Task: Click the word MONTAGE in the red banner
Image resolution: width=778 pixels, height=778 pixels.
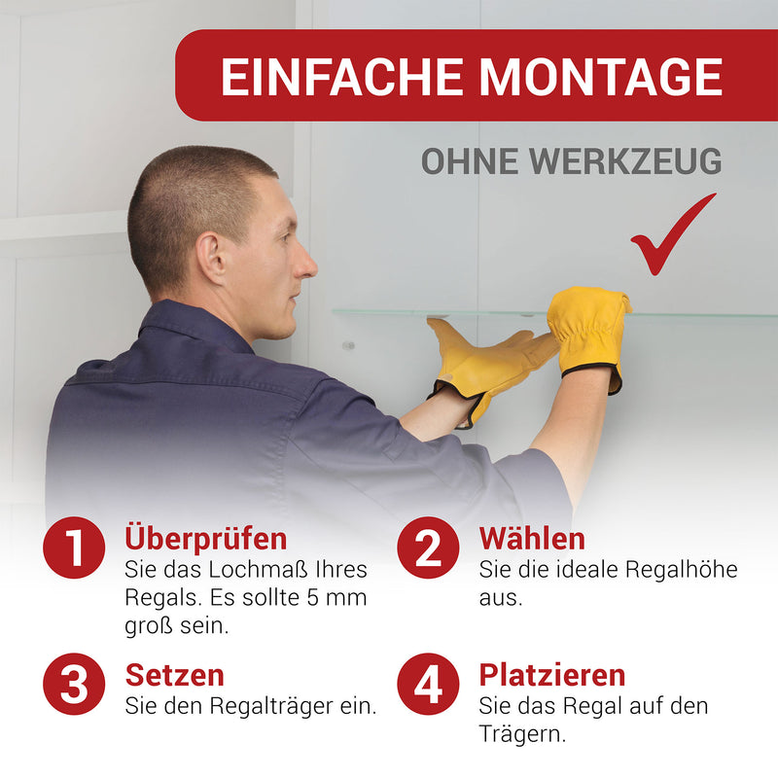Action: (x=600, y=77)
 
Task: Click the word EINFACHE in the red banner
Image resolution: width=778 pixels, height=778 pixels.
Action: (x=342, y=77)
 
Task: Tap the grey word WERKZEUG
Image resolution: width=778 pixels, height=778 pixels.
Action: (x=625, y=161)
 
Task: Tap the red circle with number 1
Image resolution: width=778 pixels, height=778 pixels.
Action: (x=74, y=548)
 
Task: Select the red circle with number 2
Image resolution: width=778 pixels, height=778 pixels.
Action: (x=428, y=548)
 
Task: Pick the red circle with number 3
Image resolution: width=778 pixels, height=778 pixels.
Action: (x=74, y=684)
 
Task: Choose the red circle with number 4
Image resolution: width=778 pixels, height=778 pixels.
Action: (x=428, y=684)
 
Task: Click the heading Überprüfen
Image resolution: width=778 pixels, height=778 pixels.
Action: (x=206, y=540)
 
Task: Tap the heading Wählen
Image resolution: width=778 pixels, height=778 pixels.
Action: (x=532, y=539)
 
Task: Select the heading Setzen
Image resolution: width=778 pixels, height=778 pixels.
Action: (x=175, y=675)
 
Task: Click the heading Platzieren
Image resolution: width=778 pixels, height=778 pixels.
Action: (x=552, y=676)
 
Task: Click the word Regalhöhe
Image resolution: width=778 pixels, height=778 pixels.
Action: (x=682, y=570)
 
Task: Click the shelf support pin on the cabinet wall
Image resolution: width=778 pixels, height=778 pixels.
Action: (x=349, y=345)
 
